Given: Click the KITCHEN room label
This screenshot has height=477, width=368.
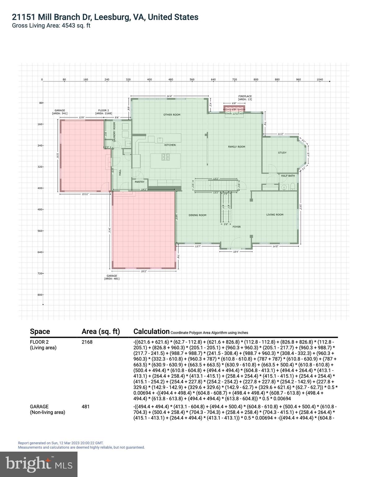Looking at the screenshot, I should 170,145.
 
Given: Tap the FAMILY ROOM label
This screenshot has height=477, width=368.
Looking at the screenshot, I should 237,147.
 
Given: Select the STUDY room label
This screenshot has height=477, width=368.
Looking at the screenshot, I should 282,152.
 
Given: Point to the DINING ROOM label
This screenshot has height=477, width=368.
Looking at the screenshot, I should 197,215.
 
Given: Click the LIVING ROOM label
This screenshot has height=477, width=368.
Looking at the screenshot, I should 275,215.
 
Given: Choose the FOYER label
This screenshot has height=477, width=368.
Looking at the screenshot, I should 237,227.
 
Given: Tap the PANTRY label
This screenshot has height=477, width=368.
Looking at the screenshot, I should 140,182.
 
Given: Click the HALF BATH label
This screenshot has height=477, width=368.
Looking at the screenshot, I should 288,176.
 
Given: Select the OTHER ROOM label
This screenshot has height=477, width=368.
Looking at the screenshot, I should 172,115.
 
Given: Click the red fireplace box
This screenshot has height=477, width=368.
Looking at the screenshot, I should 234,109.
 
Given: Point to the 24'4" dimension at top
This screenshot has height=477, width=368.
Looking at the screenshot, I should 169,96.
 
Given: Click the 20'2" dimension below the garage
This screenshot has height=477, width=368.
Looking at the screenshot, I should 144,271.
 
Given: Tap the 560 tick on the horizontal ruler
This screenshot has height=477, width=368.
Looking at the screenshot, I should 192,79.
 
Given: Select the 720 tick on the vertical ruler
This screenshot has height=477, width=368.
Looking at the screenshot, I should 40,273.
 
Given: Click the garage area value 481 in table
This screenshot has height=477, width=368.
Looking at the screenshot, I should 86,407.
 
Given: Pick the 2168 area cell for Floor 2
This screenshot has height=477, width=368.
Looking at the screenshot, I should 87,342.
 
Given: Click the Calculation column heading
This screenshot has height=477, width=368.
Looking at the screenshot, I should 151,331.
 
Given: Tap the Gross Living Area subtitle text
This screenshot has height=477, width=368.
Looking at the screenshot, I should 51,26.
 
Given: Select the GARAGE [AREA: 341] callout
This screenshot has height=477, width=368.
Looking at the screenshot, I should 60,112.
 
